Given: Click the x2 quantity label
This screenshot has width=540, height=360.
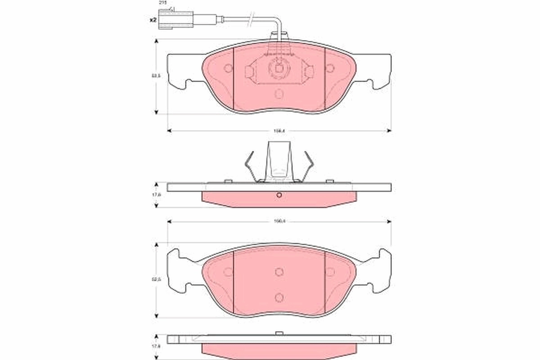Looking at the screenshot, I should pos(153,20).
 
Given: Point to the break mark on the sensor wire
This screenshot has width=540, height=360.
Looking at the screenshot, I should pos(252,19).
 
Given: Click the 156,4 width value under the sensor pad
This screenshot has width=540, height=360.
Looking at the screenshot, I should pos(279,131).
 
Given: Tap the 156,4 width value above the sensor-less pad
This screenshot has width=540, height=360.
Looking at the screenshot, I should pos(279,221).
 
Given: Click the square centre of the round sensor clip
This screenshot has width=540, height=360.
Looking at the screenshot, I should pos(279,69).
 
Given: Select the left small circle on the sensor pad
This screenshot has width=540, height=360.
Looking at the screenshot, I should pos(228,68).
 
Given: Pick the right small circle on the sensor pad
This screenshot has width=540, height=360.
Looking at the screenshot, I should pos(330,68).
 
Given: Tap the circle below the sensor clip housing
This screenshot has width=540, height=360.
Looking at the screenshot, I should pos(279,94).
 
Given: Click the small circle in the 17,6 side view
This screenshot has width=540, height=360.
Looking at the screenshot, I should pos(279,195).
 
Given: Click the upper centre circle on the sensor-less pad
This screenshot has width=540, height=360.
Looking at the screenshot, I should pos(279,271).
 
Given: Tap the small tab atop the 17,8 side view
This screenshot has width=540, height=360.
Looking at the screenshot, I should pos(279,333).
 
